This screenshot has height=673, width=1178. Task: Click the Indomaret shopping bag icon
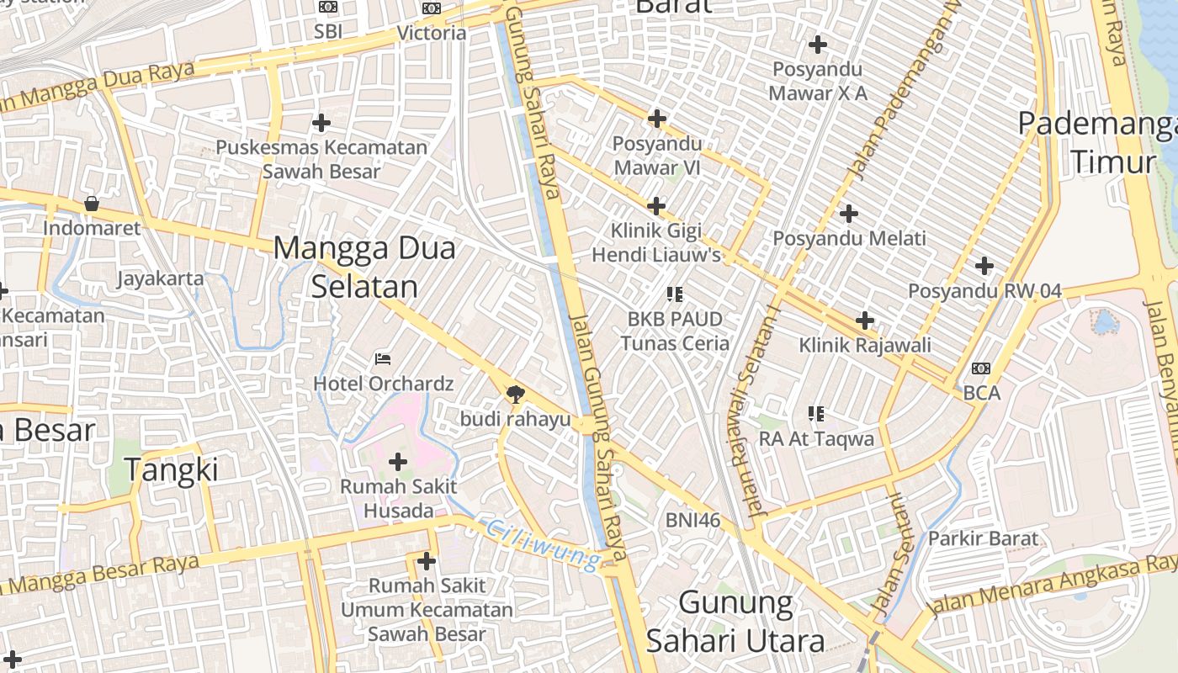click(x=91, y=204)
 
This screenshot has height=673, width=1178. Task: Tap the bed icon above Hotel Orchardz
click(x=383, y=359)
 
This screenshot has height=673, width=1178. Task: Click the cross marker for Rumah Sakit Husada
click(x=398, y=461)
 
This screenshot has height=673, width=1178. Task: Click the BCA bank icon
click(x=981, y=368)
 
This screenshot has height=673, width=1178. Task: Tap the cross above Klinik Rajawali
click(x=865, y=321)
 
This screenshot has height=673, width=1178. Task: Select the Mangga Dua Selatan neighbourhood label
click(x=364, y=267)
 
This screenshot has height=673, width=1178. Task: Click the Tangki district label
click(x=172, y=469)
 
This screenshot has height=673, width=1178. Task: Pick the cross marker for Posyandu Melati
click(x=849, y=214)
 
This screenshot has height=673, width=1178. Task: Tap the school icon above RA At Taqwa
click(x=815, y=414)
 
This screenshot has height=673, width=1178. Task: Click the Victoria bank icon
click(x=432, y=8)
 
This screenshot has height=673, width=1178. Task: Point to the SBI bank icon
click(x=328, y=8)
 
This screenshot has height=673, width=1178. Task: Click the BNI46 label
click(x=692, y=520)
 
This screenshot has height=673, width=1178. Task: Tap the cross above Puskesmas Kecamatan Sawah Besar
click(x=321, y=123)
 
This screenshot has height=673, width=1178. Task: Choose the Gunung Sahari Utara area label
click(x=735, y=622)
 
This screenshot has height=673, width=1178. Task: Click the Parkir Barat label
click(x=983, y=538)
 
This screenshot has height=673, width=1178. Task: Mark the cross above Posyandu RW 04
click(x=984, y=267)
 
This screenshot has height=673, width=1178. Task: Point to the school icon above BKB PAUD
click(x=674, y=294)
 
